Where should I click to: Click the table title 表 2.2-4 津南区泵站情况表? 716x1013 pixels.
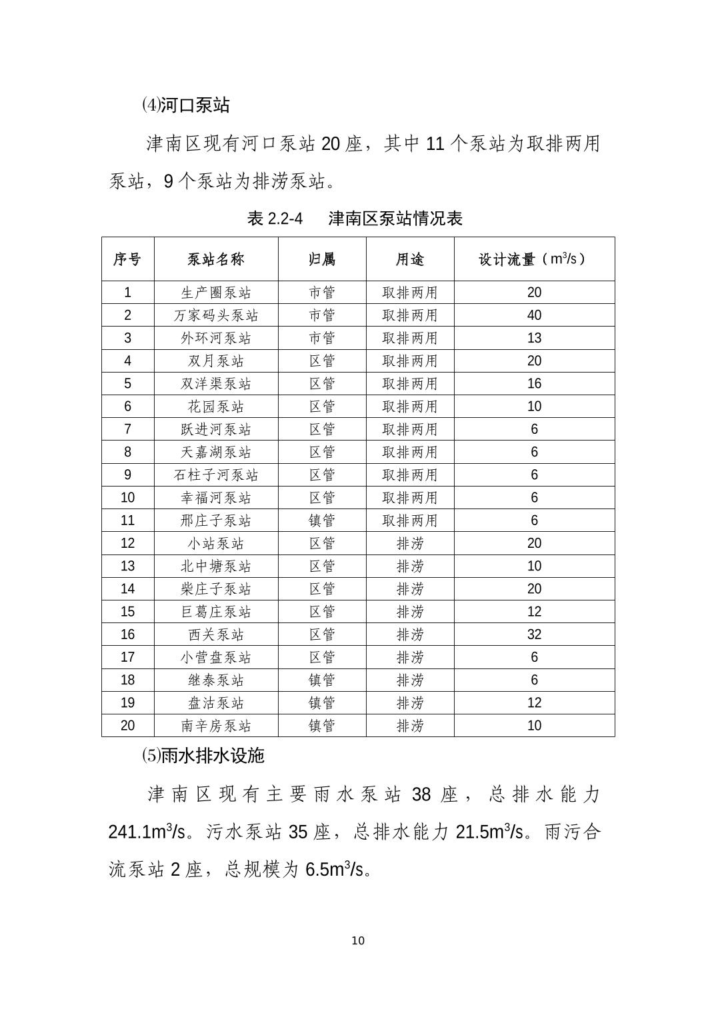[x=355, y=219]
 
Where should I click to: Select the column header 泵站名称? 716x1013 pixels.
[x=216, y=259]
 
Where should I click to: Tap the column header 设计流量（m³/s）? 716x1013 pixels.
[x=533, y=259]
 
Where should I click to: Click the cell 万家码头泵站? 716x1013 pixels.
[x=216, y=315]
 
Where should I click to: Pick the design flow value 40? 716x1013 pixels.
[x=534, y=315]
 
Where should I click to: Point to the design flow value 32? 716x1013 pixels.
[x=534, y=634]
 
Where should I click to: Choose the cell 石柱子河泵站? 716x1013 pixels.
[x=216, y=475]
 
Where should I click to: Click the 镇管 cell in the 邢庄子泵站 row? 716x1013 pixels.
[x=322, y=520]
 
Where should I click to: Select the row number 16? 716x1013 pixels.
[x=127, y=634]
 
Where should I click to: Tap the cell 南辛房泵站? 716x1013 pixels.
[x=216, y=726]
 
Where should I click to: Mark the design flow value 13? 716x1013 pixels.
[x=534, y=338]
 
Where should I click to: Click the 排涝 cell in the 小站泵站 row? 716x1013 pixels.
[x=410, y=543]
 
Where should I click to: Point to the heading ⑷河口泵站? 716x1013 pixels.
[x=185, y=105]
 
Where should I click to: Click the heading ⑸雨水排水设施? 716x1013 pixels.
[x=203, y=755]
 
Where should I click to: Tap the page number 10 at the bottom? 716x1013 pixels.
[x=358, y=940]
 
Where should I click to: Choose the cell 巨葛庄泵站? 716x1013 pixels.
[x=216, y=612]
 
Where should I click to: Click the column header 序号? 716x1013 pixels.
[x=127, y=259]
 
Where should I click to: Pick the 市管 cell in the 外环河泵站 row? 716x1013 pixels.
[x=322, y=338]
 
